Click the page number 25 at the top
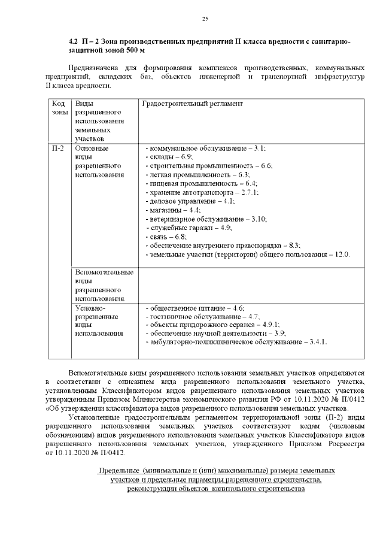point(205,20)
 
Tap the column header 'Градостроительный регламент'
point(191,104)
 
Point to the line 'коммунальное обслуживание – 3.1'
point(205,148)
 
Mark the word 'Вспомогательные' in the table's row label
point(104,272)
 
